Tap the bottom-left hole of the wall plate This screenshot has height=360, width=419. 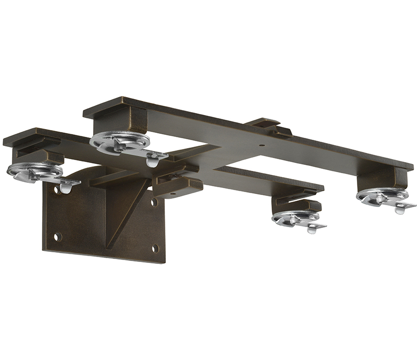[57, 237]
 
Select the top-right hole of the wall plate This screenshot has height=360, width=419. [154, 202]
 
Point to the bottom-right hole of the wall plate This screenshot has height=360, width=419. [155, 248]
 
